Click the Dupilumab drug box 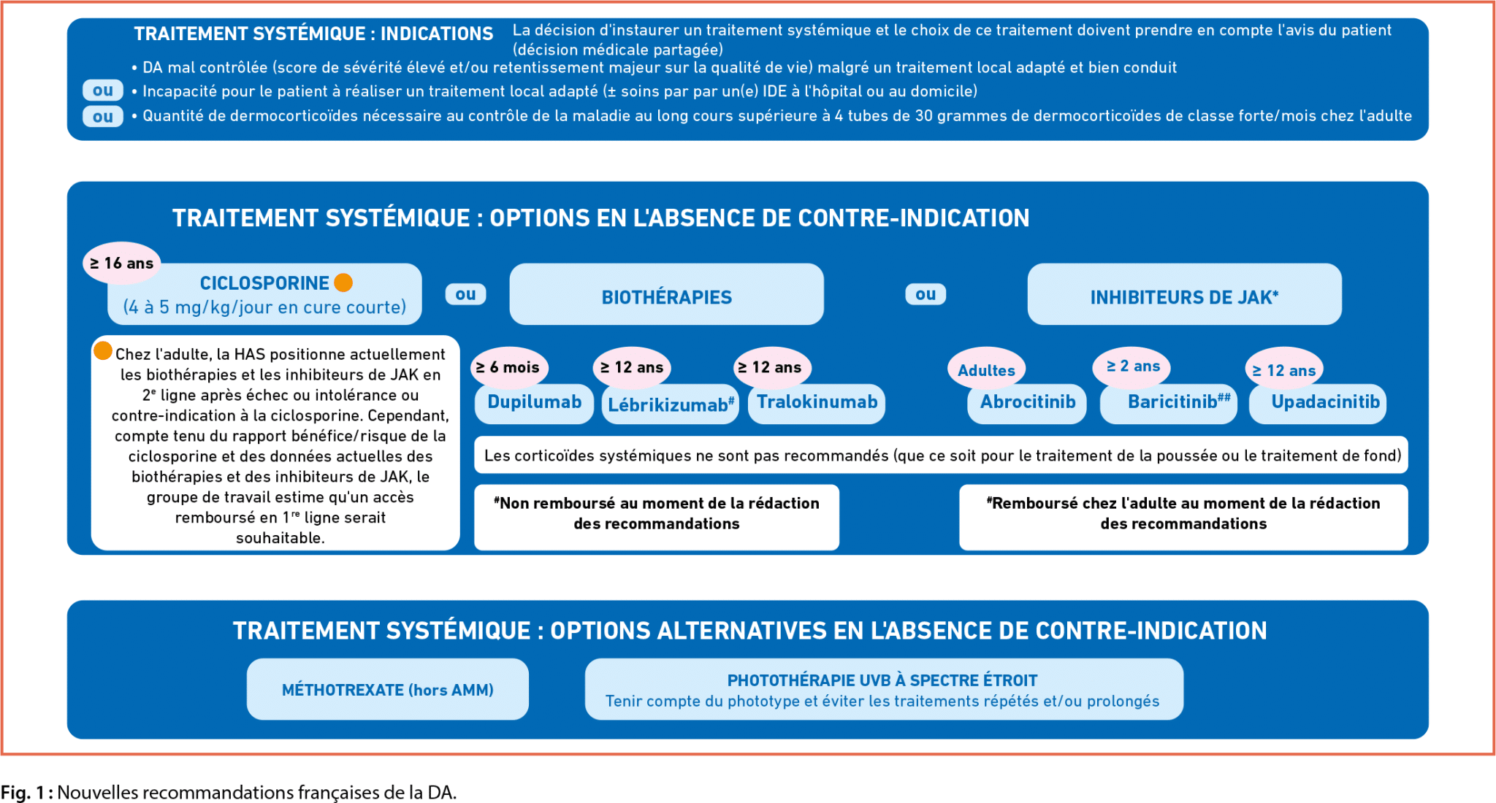[534, 403]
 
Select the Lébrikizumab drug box [670, 404]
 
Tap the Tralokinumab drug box [817, 403]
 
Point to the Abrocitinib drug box [1027, 403]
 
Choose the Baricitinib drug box [1169, 403]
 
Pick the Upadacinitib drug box [1324, 403]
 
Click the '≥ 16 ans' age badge [121, 263]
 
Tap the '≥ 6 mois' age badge [508, 367]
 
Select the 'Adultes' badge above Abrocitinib [986, 370]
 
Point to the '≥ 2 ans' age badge [1132, 366]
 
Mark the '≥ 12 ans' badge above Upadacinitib [1283, 370]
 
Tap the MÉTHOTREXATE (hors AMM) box [387, 689]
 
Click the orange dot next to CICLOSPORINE [343, 283]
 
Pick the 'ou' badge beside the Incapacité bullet [102, 91]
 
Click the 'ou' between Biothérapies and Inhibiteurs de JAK [925, 294]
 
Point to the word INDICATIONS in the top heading [437, 34]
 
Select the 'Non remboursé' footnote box [656, 516]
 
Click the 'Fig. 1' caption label [26, 792]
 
